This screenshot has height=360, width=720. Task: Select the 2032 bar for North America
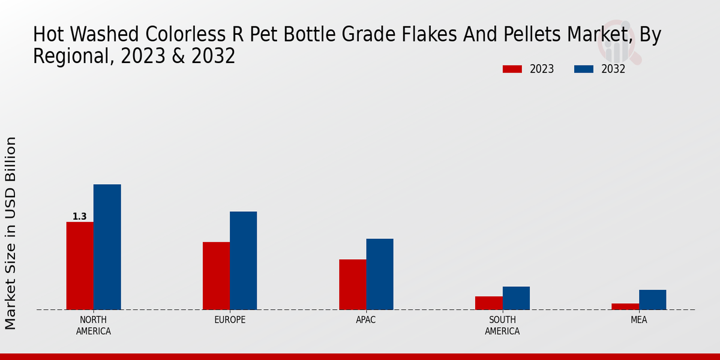coord(107,247)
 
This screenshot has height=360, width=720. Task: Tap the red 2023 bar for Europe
coord(216,275)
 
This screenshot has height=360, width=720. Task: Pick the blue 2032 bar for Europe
coord(243,260)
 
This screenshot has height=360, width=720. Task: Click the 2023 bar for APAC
coord(352,284)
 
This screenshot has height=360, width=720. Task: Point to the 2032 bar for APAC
coord(380,274)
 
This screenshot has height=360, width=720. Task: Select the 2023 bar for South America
coord(488,303)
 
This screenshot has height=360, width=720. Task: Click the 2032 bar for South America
coord(516,298)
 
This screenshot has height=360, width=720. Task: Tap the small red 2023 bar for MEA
coord(625,307)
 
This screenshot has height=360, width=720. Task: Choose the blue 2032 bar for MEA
coord(652,299)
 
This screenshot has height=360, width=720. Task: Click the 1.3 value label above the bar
coord(79,217)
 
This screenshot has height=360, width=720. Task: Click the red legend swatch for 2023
coord(512,69)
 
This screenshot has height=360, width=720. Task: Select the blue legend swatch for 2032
coord(584,69)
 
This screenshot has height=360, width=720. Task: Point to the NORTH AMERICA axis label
coord(94,325)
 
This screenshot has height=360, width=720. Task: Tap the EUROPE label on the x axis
coord(230,320)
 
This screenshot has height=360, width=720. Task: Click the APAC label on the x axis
coord(366,320)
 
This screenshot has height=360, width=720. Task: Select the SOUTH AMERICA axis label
coord(502,325)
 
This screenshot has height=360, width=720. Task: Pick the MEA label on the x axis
coord(638,320)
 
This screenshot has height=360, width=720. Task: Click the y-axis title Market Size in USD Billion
coord(11,233)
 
